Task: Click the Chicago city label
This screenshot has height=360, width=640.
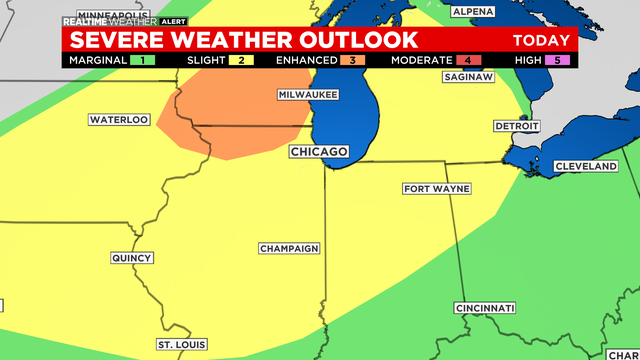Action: (319, 151)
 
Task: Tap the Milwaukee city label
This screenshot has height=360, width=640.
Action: (308, 94)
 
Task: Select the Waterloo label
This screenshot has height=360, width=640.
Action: (119, 120)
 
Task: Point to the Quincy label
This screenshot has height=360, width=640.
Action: (132, 258)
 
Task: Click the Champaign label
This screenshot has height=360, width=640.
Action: (289, 248)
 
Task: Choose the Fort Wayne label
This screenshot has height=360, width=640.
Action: (437, 188)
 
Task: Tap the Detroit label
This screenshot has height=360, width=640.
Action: (516, 126)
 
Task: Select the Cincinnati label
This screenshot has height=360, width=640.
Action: (485, 307)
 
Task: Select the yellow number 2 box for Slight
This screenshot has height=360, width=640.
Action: (241, 60)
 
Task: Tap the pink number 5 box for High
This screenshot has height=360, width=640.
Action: (562, 60)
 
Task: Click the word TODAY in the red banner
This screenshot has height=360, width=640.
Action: (541, 41)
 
